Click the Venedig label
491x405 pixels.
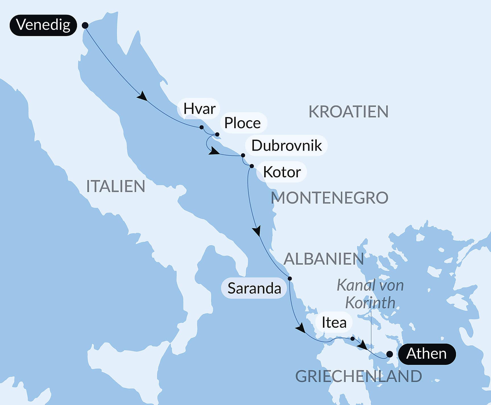click(43, 25)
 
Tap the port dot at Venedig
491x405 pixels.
click(85, 25)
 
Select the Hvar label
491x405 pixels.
click(199, 109)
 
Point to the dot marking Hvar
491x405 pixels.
click(202, 127)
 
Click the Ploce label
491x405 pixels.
click(243, 123)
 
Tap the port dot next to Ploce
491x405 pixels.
click(217, 134)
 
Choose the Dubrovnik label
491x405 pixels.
click(286, 146)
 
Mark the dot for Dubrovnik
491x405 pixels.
click(243, 155)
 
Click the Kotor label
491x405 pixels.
click(282, 172)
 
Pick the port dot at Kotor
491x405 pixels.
click(252, 166)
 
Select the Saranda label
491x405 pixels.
click(254, 288)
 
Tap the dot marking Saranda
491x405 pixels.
click(290, 279)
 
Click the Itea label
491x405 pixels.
click(334, 323)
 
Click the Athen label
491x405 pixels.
click(426, 354)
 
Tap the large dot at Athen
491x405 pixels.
click(390, 354)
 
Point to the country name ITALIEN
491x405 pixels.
click(115, 186)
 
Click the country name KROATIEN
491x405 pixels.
click(348, 112)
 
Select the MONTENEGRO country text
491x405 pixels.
click(329, 198)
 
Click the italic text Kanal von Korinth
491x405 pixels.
click(370, 294)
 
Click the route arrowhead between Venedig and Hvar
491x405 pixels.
click(142, 96)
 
